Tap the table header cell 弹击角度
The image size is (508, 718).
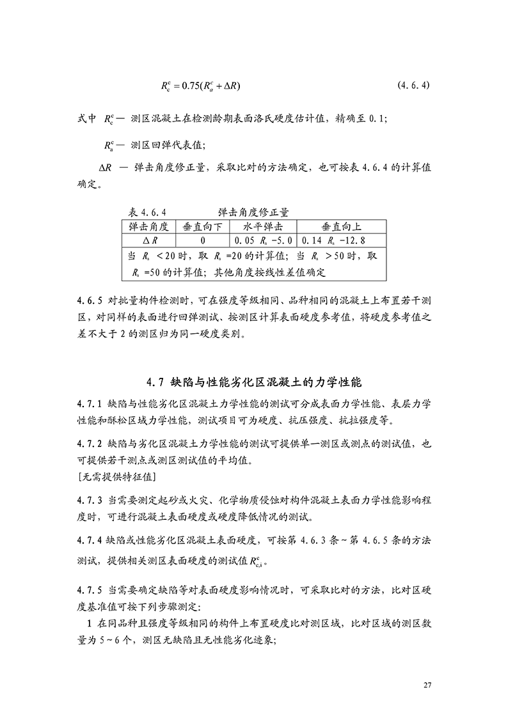pos(148,227)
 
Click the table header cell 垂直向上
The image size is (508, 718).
pos(342,227)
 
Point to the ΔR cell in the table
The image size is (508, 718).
pos(148,241)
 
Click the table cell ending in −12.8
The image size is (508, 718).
pos(342,241)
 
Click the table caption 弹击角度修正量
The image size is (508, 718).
pos(253,212)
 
